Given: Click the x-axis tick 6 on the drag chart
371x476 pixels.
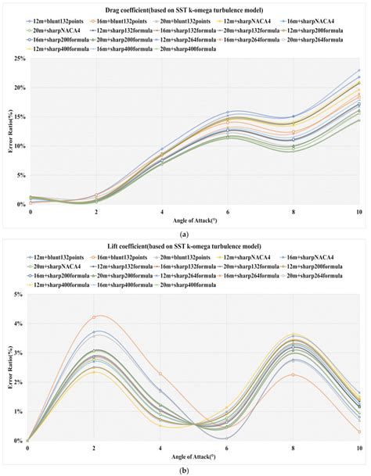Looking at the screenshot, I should pos(228,212).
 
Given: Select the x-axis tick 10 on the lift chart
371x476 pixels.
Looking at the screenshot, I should pos(358,447).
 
